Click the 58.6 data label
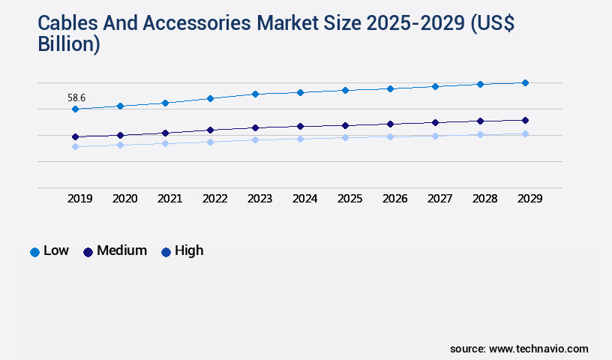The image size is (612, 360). (76, 97)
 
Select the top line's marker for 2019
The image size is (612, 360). (75, 109)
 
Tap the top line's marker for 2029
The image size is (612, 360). (525, 82)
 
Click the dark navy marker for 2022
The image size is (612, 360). (210, 130)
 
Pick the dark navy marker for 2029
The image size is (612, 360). (525, 120)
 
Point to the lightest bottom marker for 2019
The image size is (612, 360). (75, 146)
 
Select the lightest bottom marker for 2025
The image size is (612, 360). (345, 137)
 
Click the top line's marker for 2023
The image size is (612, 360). (255, 94)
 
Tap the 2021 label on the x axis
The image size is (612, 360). (169, 199)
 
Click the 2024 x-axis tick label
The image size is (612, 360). (304, 199)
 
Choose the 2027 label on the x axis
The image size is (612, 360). (439, 199)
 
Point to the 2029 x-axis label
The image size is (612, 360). (529, 199)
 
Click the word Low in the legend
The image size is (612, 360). (56, 250)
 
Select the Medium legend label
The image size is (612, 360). (121, 250)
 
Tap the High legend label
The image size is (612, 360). (189, 250)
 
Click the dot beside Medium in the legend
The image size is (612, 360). (88, 252)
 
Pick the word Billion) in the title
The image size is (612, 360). (69, 44)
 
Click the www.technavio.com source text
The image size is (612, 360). (538, 349)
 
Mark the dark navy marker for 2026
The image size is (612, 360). (390, 124)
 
